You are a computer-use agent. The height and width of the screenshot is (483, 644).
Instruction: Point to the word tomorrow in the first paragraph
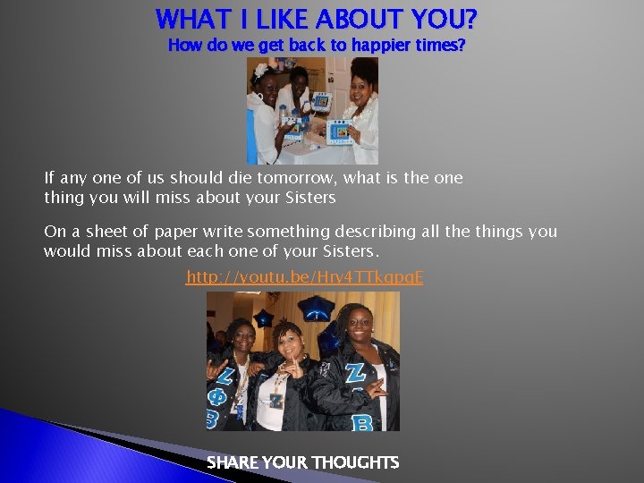(322, 178)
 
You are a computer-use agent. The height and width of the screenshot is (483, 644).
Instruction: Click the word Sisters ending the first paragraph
(307, 198)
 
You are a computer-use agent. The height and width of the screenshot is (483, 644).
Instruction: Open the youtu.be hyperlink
(304, 278)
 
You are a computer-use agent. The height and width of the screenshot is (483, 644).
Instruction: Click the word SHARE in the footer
(232, 462)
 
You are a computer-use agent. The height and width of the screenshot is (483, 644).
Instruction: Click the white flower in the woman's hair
(261, 69)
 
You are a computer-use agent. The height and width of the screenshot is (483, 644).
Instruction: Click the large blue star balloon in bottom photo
(318, 309)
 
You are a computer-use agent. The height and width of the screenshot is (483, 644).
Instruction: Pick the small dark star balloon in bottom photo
(264, 318)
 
